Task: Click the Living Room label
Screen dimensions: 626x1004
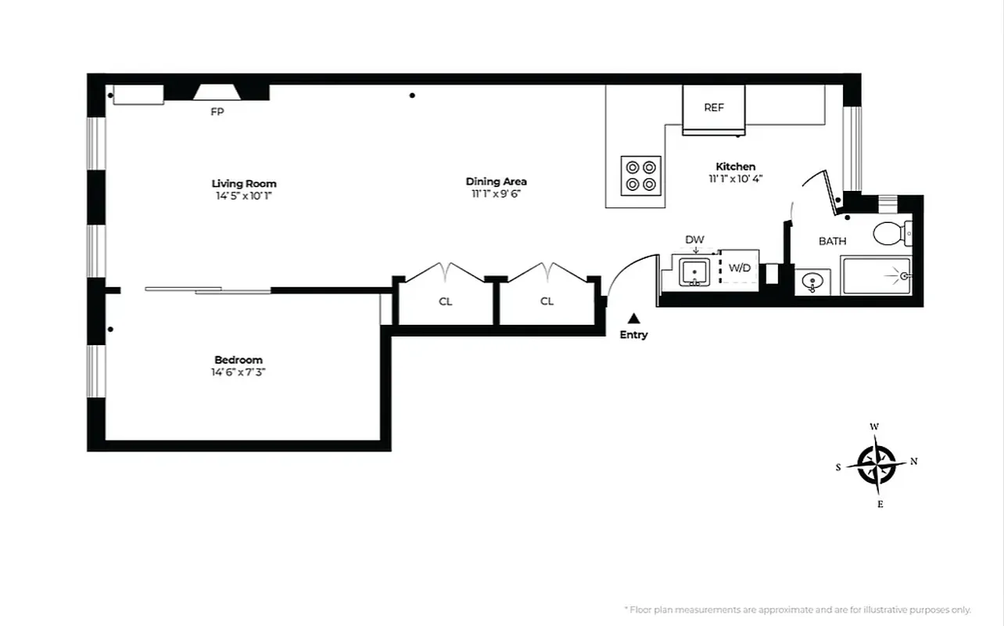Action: click(244, 184)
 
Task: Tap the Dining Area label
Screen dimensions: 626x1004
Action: click(496, 182)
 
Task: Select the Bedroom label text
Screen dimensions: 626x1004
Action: click(238, 360)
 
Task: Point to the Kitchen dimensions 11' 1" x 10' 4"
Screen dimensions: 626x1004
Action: click(736, 178)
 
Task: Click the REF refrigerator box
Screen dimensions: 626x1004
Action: click(714, 109)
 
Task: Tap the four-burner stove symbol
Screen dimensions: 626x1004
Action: click(641, 175)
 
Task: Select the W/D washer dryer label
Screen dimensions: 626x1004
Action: click(739, 268)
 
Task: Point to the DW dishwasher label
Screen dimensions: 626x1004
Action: click(694, 239)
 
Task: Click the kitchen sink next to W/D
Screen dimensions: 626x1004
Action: click(694, 272)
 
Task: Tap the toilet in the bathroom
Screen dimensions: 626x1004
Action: click(890, 233)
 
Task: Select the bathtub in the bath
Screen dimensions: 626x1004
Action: click(876, 276)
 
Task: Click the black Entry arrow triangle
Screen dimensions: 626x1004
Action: click(634, 318)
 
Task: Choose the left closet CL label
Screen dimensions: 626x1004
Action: click(445, 301)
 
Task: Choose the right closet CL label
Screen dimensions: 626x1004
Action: click(547, 301)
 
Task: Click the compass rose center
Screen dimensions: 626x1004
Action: click(877, 464)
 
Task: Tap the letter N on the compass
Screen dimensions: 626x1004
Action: click(913, 462)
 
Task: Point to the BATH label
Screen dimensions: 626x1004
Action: click(832, 241)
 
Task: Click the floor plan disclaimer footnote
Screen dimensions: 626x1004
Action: click(797, 610)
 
